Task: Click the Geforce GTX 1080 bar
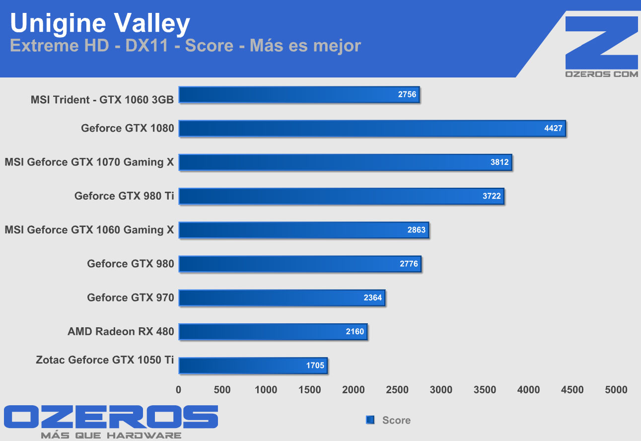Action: [372, 128]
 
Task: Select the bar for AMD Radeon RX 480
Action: [273, 332]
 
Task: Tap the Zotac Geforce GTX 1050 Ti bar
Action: [253, 366]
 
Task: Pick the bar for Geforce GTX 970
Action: [282, 298]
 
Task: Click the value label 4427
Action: [553, 128]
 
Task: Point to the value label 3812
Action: [499, 162]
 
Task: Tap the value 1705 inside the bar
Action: [315, 366]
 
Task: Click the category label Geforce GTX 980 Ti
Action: [124, 196]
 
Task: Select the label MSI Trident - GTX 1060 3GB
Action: [102, 99]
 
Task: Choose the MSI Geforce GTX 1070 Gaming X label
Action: [89, 162]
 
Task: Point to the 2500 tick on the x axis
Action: [398, 390]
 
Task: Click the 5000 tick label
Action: [616, 390]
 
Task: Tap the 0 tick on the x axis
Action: [179, 390]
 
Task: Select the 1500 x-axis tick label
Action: [310, 390]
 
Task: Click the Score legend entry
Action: [396, 420]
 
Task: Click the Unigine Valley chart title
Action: [100, 23]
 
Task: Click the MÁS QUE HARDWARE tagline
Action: [111, 435]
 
